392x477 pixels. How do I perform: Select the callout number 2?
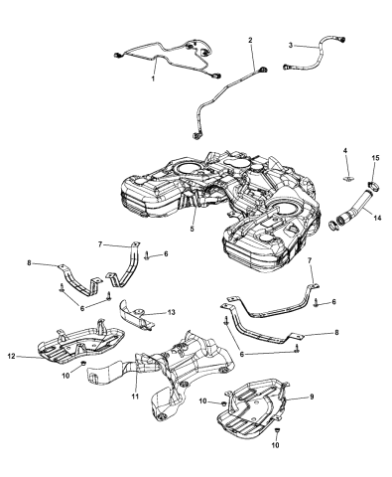(250, 41)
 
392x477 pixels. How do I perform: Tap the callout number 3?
(290, 45)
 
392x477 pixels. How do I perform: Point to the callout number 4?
(345, 151)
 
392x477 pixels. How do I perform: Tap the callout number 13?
(172, 311)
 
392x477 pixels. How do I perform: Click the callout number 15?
(375, 158)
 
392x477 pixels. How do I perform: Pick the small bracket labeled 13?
(139, 316)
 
